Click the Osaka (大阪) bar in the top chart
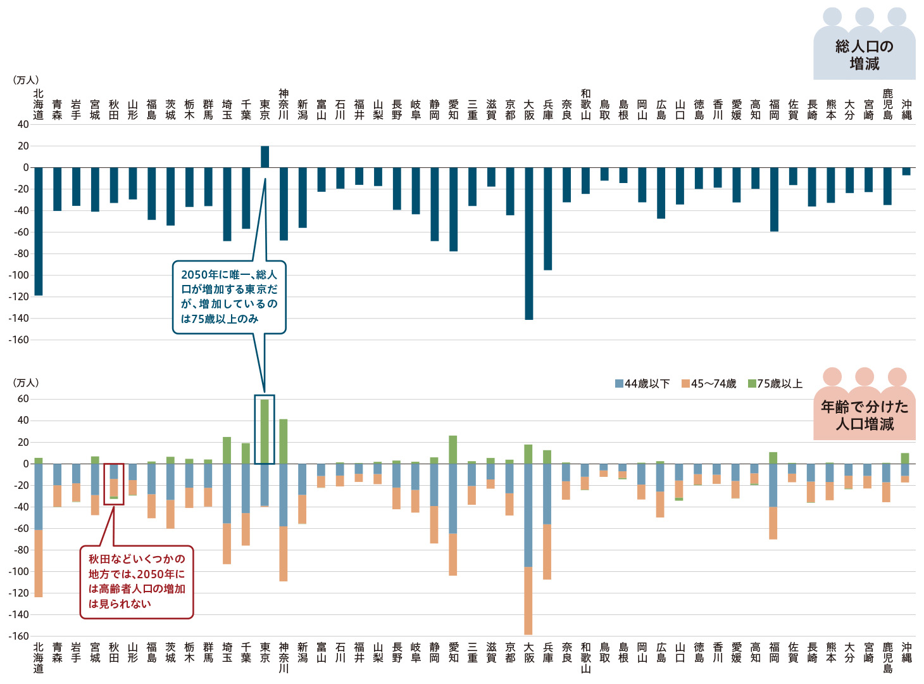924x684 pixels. click(x=529, y=243)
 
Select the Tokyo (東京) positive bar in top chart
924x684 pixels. click(x=265, y=156)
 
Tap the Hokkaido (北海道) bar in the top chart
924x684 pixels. click(x=39, y=231)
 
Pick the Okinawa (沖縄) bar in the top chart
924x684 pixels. click(x=906, y=171)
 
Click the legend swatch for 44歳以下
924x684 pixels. click(x=619, y=384)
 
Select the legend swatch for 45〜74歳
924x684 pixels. click(x=685, y=384)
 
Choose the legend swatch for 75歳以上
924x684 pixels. click(x=752, y=384)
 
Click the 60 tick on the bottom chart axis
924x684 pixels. click(x=23, y=399)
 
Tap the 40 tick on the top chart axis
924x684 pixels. click(x=23, y=124)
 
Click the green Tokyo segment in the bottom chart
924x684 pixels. click(x=265, y=431)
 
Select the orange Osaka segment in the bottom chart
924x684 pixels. click(x=528, y=600)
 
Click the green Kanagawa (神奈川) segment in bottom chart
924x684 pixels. click(x=284, y=441)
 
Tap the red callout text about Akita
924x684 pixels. click(x=137, y=581)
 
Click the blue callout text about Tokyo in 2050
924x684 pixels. click(x=229, y=296)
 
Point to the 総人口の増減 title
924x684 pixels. click(x=865, y=55)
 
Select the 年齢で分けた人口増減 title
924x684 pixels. click(x=865, y=415)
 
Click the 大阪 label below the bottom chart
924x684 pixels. click(x=529, y=652)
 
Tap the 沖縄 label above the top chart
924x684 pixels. click(x=906, y=110)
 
